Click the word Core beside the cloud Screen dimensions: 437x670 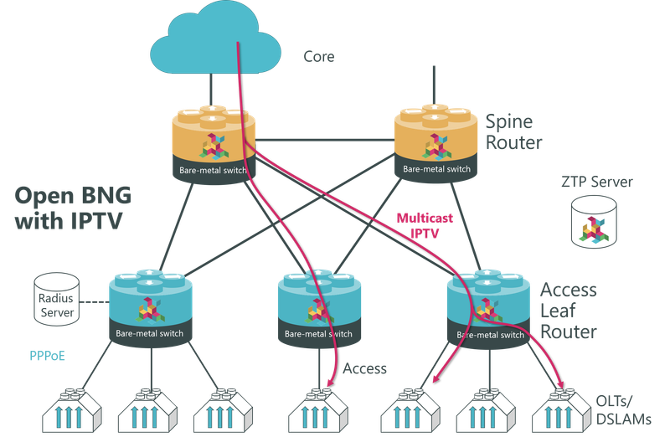point(319,58)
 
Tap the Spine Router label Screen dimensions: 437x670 point(515,131)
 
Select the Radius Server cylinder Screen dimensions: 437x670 point(54,299)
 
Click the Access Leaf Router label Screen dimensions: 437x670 point(569,311)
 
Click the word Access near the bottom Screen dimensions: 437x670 point(364,368)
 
